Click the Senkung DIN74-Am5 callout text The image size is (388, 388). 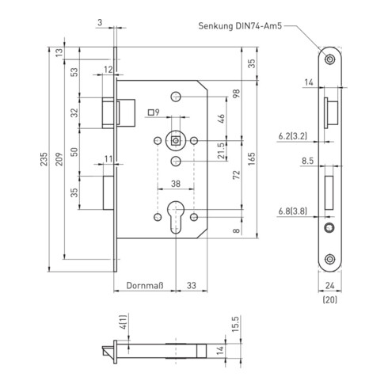245,25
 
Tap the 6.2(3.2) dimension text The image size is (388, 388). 293,136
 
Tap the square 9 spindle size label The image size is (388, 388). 153,112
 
